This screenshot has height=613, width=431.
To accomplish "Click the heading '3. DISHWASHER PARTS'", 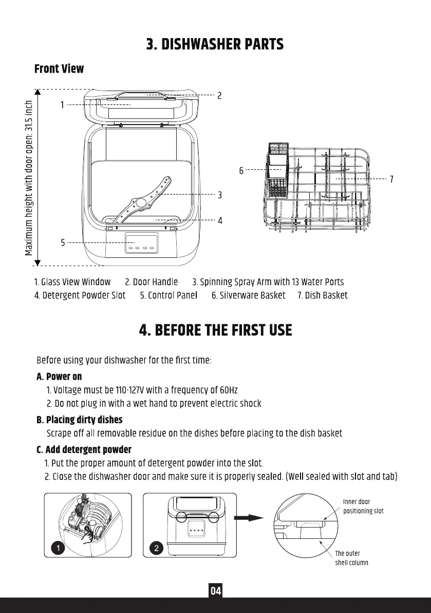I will [x=215, y=44].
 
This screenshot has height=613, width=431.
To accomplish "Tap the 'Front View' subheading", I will [x=59, y=69].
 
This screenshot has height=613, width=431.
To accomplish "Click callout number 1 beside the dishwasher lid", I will [x=62, y=104].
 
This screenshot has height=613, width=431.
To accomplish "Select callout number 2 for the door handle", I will [x=219, y=95].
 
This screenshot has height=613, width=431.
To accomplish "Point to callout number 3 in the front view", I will [x=220, y=195].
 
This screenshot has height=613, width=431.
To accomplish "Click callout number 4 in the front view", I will [x=220, y=220].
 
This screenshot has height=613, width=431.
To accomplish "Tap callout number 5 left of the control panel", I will [x=63, y=242].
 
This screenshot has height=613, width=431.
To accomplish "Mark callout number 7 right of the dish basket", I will [x=391, y=179].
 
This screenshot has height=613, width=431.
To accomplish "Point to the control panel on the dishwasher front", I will [x=141, y=243].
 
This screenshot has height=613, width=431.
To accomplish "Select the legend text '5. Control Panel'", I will [x=168, y=295].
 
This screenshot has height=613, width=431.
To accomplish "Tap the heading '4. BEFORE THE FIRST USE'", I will [x=215, y=330].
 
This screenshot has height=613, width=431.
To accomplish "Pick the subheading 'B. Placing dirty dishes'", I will [x=80, y=420].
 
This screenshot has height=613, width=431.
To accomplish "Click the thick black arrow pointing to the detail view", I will [x=248, y=519].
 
